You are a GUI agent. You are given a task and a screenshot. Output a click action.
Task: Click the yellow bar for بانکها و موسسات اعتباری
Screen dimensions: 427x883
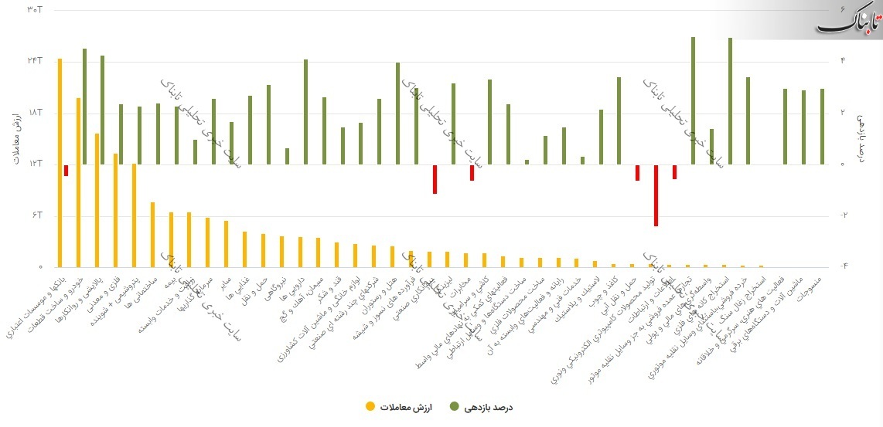[60, 162]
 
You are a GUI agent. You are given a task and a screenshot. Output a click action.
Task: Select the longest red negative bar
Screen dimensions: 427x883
[656, 195]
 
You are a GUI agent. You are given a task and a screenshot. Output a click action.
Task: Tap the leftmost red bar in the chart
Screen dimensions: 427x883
[66, 171]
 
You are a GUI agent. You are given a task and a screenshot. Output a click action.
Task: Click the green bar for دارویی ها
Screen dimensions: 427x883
[306, 111]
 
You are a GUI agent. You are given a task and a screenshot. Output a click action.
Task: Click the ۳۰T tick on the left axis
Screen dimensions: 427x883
[33, 9]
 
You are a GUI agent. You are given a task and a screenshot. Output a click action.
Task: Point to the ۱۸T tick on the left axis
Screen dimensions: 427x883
[33, 113]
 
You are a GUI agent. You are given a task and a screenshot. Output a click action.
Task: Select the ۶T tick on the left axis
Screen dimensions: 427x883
[33, 215]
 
